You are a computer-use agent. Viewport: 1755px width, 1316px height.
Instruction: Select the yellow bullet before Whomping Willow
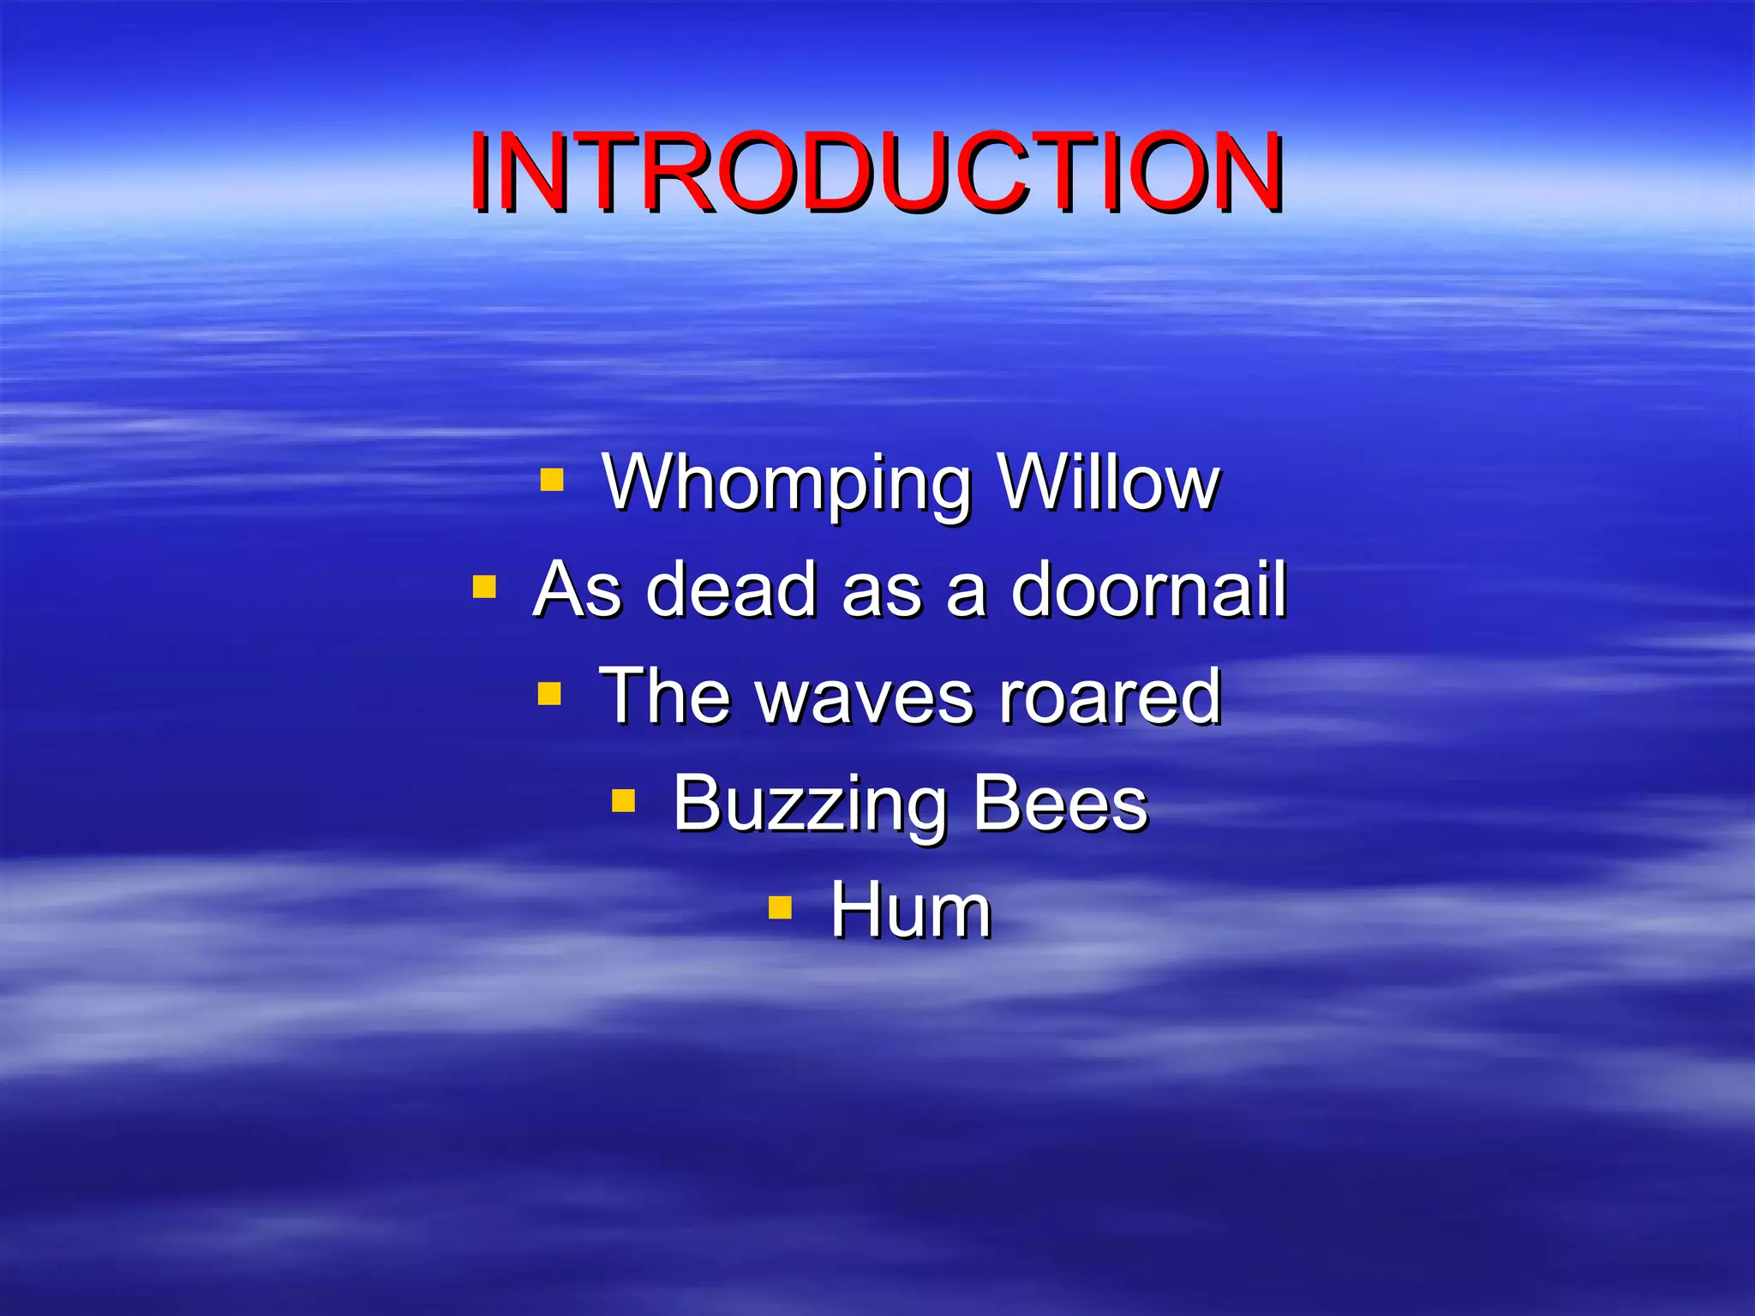(x=552, y=479)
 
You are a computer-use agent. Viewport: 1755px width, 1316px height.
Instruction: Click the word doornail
(x=1148, y=589)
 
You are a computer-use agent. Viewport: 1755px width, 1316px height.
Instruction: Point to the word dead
(x=731, y=589)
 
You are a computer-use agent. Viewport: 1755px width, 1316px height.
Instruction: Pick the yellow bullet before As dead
(x=484, y=587)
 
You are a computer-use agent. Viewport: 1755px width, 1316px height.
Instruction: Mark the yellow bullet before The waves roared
(x=549, y=692)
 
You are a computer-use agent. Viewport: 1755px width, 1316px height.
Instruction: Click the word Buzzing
(x=809, y=804)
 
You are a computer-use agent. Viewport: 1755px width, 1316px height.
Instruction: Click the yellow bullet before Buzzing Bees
(x=623, y=801)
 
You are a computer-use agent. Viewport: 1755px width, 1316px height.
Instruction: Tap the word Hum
(x=911, y=910)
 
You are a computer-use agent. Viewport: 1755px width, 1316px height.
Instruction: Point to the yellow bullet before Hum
(x=780, y=907)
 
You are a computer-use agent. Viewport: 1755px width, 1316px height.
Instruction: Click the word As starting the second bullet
(x=577, y=589)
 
